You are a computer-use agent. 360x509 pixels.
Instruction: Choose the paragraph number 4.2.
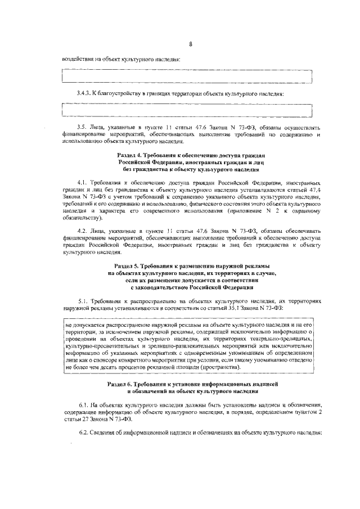pos(82,231)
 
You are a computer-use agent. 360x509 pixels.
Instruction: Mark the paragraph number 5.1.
pos(82,301)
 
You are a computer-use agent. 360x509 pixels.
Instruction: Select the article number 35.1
pos(240,308)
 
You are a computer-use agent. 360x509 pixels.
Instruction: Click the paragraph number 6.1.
pos(82,404)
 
